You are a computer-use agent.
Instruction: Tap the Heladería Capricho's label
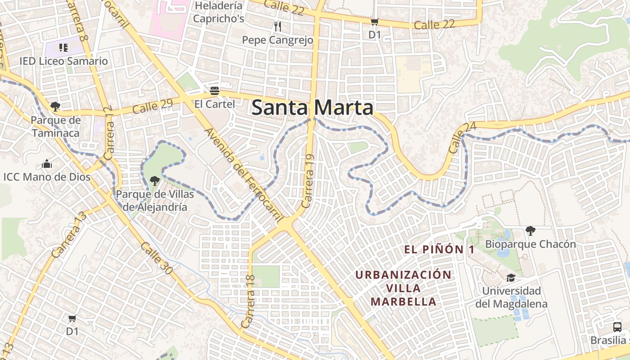point(218,12)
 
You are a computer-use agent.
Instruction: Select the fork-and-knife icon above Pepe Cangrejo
point(277,27)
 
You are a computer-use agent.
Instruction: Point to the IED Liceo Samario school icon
point(63,48)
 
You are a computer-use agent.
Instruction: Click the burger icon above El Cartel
point(214,90)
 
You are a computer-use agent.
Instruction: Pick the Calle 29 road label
point(153,107)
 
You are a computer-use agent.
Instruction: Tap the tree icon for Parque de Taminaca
point(55,107)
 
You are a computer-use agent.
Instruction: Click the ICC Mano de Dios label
point(47,177)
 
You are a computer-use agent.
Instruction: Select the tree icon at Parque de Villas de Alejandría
point(154,181)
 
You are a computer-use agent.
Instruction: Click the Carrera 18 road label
point(248,301)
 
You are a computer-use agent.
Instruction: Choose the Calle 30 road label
point(156,258)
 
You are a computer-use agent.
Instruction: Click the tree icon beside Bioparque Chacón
point(531,231)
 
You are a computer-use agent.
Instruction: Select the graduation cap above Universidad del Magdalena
point(511,278)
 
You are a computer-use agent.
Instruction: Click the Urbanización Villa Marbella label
point(403,288)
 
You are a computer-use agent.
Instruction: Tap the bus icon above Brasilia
point(617,327)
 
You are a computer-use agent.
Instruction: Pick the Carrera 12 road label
point(108,134)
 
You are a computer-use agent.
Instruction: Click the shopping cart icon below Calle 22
point(374,22)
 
